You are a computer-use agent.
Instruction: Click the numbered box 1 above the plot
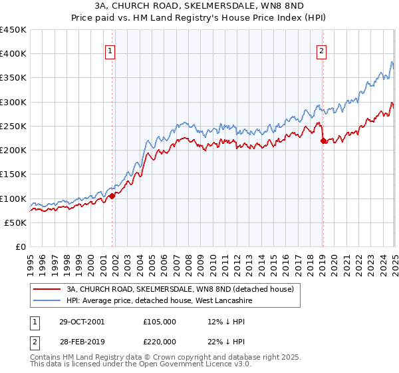(110, 50)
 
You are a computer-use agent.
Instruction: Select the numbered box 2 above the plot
(321, 50)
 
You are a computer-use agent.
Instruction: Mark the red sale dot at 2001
(112, 196)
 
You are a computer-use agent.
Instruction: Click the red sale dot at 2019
(323, 141)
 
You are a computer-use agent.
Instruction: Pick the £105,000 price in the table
(160, 322)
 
